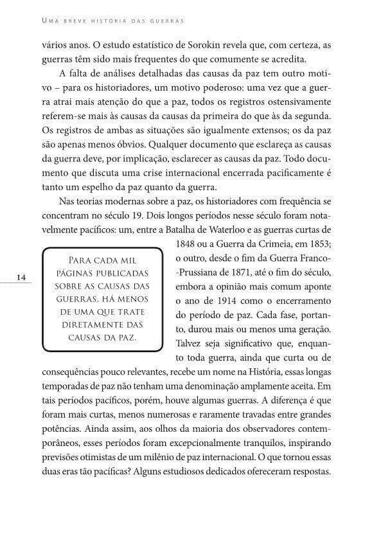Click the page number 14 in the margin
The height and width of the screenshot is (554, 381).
[x=22, y=277]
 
